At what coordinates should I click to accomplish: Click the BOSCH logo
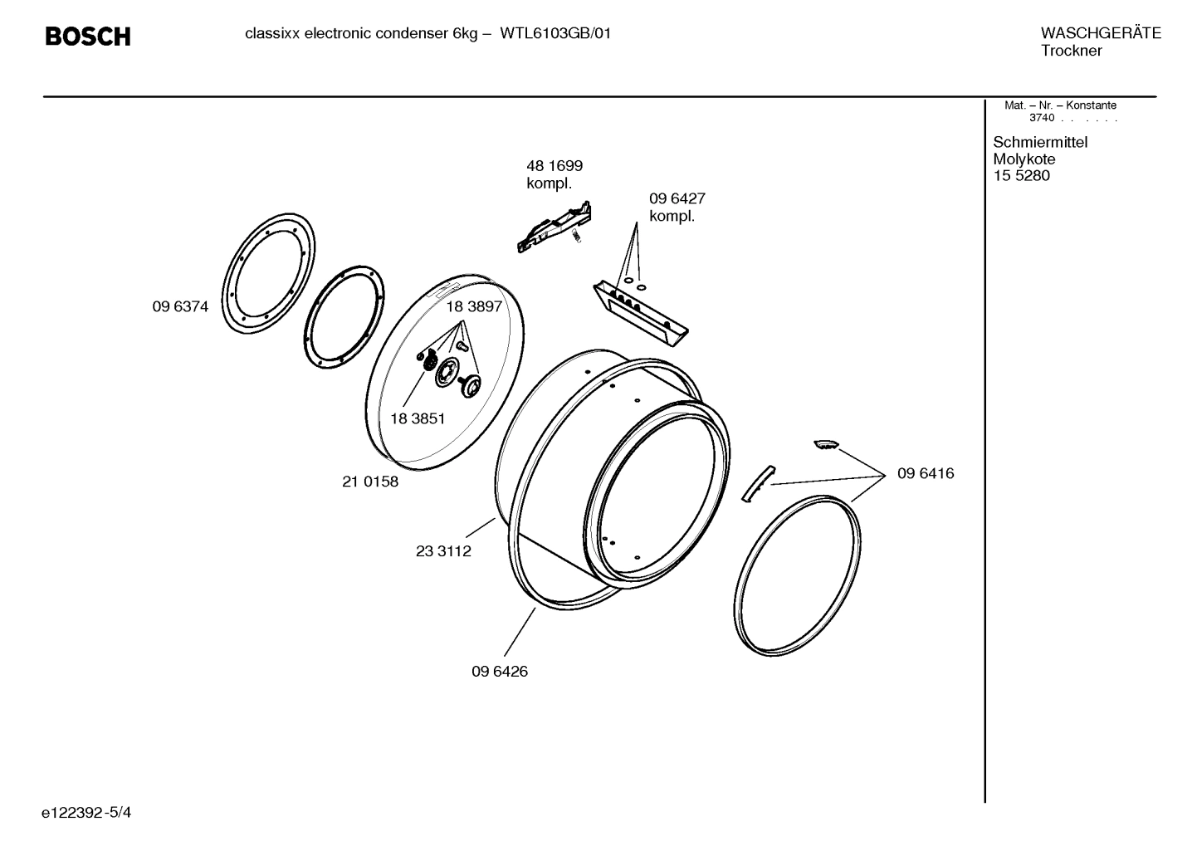[x=88, y=37]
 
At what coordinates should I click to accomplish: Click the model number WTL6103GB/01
[x=555, y=34]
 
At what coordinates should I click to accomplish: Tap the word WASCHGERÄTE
[x=1100, y=33]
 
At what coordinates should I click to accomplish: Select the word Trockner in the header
[x=1071, y=51]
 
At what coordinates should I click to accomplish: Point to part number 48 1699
[x=555, y=166]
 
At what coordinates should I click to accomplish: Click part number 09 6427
[x=677, y=198]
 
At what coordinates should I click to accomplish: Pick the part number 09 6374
[x=180, y=306]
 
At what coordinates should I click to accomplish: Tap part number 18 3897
[x=474, y=306]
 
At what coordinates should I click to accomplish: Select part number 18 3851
[x=418, y=418]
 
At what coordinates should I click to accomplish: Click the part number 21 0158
[x=370, y=482]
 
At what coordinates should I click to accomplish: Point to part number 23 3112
[x=443, y=551]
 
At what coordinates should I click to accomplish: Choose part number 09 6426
[x=500, y=672]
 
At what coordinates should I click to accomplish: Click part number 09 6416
[x=926, y=473]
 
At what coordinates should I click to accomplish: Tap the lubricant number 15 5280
[x=1021, y=176]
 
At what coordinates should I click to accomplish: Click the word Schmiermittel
[x=1040, y=142]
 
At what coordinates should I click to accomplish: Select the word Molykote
[x=1024, y=159]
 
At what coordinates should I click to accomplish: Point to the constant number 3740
[x=1042, y=118]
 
